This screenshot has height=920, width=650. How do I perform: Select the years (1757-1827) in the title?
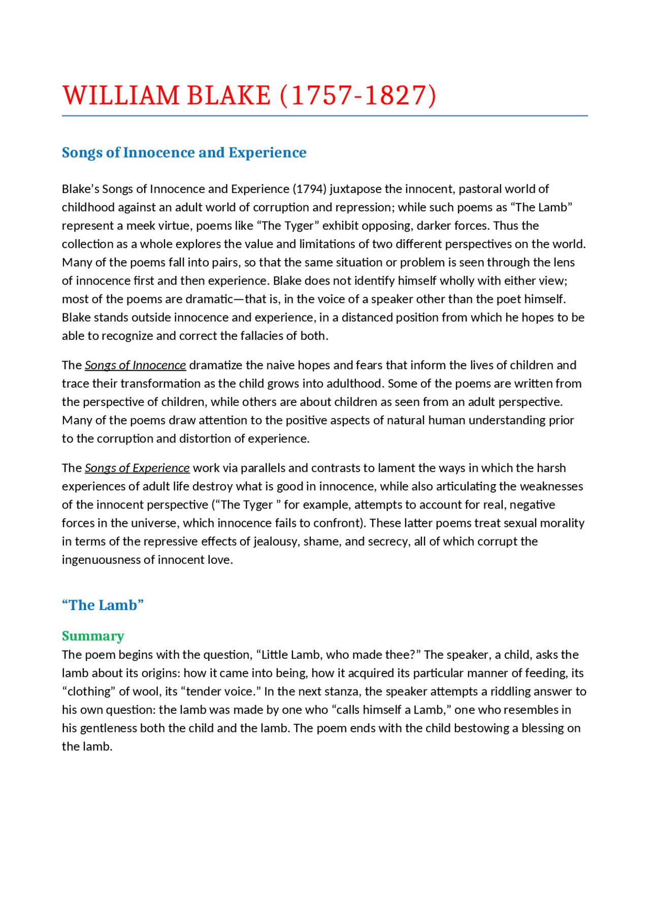[x=358, y=96]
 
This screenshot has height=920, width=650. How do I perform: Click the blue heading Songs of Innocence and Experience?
[x=184, y=152]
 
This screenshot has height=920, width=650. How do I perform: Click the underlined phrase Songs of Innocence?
[x=135, y=365]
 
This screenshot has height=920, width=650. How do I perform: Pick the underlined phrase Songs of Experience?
[x=137, y=468]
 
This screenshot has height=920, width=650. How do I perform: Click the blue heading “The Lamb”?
[x=103, y=605]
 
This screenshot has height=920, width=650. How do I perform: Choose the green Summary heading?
[x=93, y=636]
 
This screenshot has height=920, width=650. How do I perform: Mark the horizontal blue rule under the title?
[x=325, y=116]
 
